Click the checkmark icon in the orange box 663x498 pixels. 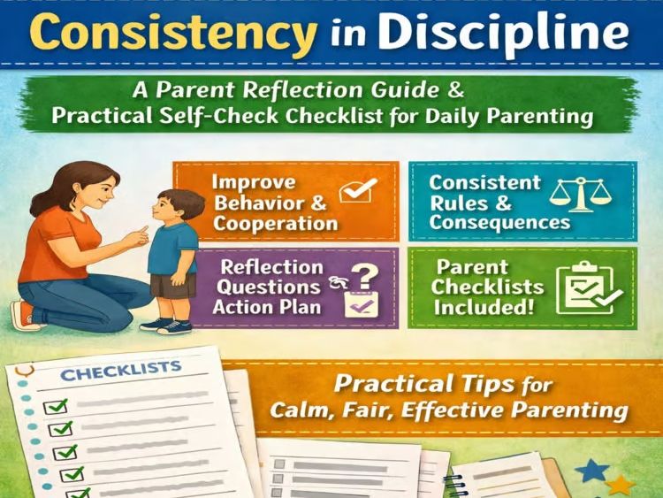click(357, 191)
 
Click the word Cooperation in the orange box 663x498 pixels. click(275, 223)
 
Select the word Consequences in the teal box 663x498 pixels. click(499, 221)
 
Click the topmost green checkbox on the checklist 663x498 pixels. click(56, 407)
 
